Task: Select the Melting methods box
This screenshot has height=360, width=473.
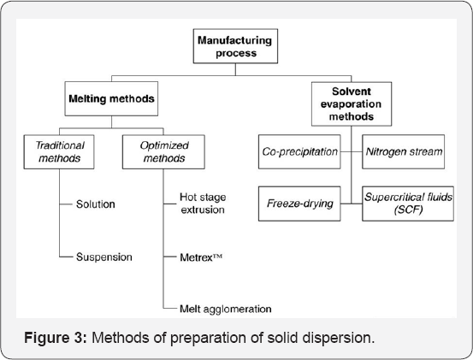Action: click(x=111, y=99)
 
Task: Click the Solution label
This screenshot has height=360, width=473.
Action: click(x=95, y=204)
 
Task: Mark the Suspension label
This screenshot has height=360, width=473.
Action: click(x=103, y=256)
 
